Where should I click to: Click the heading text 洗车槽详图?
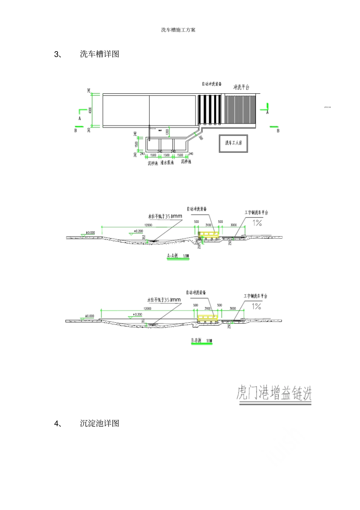pyautogui.click(x=100, y=54)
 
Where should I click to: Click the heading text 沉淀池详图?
pyautogui.click(x=100, y=424)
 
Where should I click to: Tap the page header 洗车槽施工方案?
pyautogui.click(x=178, y=30)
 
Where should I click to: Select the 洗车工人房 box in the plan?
pyautogui.click(x=233, y=143)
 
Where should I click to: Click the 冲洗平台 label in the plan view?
pyautogui.click(x=241, y=88)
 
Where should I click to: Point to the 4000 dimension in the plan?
pyautogui.click(x=90, y=110)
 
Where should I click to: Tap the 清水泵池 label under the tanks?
pyautogui.click(x=167, y=163)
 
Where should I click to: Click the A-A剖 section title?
pyautogui.click(x=173, y=256)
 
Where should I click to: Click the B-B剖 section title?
pyautogui.click(x=196, y=341)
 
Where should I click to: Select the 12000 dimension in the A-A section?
pyautogui.click(x=148, y=225)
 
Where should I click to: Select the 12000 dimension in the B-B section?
pyautogui.click(x=147, y=309)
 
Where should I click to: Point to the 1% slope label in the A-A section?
pyautogui.click(x=258, y=223)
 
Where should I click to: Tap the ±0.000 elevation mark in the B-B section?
pyautogui.click(x=89, y=316)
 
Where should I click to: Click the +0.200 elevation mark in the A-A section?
pyautogui.click(x=138, y=231)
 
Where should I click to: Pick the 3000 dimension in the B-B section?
pyautogui.click(x=233, y=309)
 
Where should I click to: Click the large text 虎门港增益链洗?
pyautogui.click(x=274, y=393)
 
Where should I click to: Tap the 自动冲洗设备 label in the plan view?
pyautogui.click(x=211, y=84)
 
